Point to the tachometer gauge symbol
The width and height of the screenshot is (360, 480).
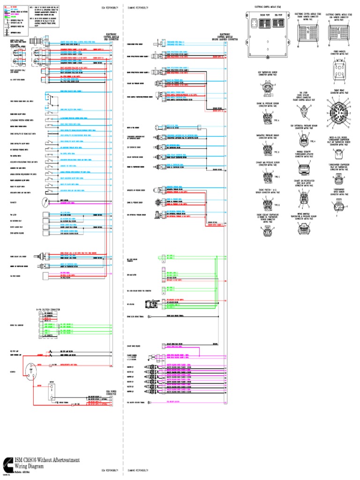pos(45,202)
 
